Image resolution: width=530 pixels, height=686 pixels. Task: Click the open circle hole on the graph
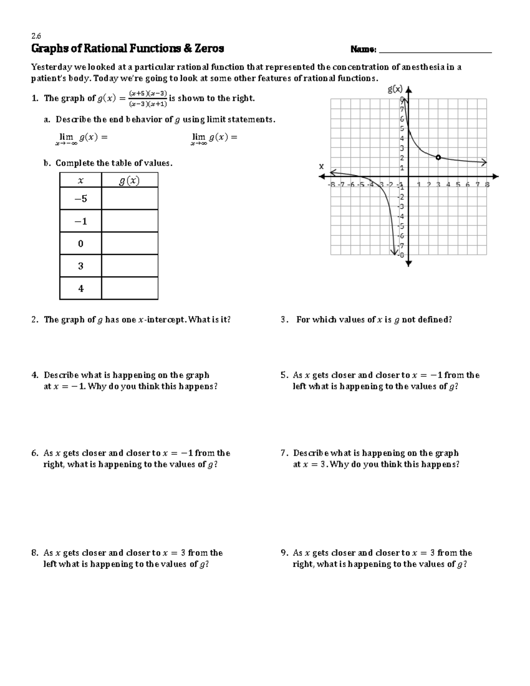pos(438,157)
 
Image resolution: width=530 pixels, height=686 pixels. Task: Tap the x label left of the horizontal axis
pos(322,167)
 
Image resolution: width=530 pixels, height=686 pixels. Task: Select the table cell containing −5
pos(80,199)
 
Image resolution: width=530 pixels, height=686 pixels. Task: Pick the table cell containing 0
pos(80,243)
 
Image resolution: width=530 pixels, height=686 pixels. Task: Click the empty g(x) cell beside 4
pos(129,288)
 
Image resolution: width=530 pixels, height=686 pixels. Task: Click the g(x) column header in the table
pos(129,180)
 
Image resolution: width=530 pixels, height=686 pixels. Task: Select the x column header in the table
pos(80,180)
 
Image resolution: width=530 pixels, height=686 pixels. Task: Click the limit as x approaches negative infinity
pos(81,138)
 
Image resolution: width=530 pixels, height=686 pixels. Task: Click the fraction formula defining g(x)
pos(148,99)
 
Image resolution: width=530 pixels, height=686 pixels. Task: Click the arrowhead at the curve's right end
pos(484,163)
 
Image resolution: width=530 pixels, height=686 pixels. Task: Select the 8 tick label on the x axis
pos(487,185)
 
